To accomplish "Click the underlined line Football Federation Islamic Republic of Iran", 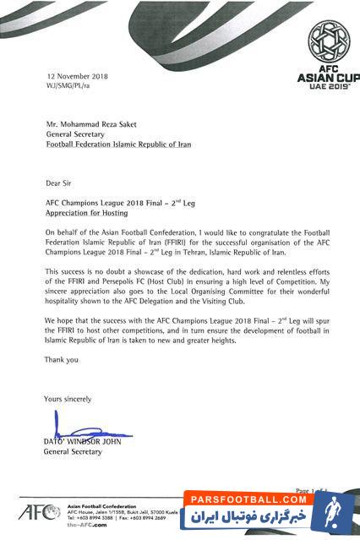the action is [117, 145].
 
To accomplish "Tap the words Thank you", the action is [60, 358].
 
